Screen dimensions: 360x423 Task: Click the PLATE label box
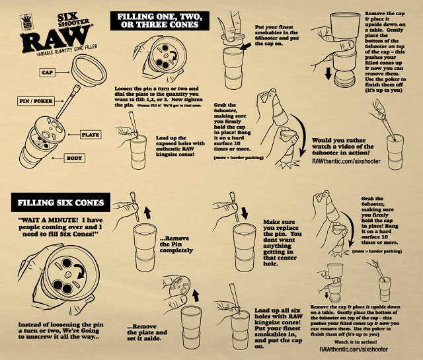(90, 134)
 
